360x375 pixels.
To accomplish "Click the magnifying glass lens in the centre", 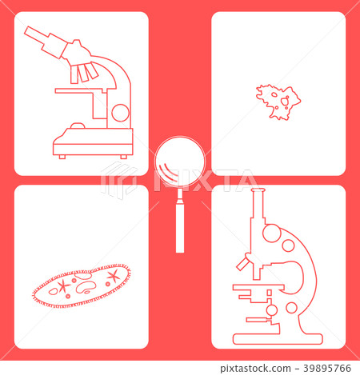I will coord(179,163).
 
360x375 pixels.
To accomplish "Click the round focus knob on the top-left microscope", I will coord(120,112).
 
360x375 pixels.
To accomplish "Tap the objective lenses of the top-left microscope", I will coord(84,73).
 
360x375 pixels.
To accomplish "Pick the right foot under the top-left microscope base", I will coord(125,157).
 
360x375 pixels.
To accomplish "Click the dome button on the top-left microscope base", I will coord(78,126).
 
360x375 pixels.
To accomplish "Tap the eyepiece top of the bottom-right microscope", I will coord(257,191).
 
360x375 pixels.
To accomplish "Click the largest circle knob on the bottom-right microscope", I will coord(272,234).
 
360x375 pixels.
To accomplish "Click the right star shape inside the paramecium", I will coord(113,276).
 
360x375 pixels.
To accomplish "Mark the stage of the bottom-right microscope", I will coord(255,287).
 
